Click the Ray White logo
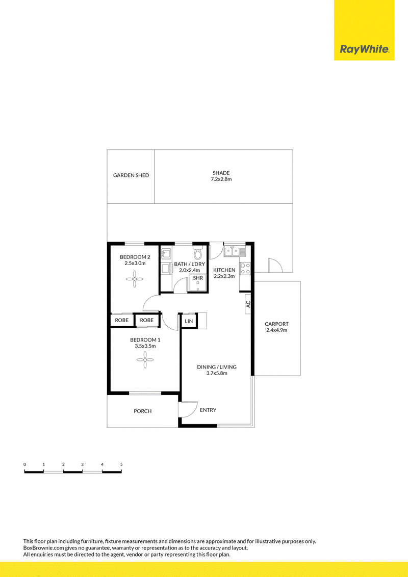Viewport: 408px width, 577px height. (x=364, y=49)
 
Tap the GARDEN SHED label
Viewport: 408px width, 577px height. (x=131, y=175)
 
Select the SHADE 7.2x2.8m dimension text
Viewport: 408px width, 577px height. (x=221, y=179)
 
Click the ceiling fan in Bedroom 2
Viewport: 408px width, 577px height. (x=135, y=279)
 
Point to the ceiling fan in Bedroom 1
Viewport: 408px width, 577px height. (x=145, y=360)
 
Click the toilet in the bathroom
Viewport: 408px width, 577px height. (x=198, y=253)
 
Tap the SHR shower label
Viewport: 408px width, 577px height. (x=198, y=278)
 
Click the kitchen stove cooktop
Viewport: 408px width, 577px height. (x=245, y=268)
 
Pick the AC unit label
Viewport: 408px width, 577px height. (x=248, y=304)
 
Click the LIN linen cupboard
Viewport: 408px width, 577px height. (x=189, y=321)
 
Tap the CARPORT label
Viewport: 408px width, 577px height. (x=276, y=324)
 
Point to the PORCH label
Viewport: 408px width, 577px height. (x=142, y=411)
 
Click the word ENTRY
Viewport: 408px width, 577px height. (x=208, y=410)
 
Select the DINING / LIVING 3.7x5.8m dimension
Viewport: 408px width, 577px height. (x=217, y=373)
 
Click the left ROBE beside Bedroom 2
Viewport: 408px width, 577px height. (x=121, y=320)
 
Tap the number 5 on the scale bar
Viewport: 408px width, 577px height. (x=121, y=464)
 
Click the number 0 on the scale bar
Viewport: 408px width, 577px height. (x=24, y=464)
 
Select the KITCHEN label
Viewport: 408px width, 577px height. (x=224, y=270)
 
